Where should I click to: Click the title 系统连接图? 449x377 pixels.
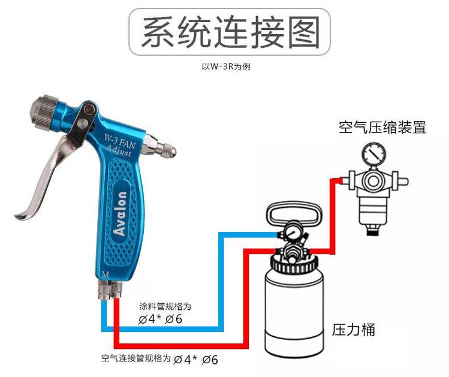[230, 32]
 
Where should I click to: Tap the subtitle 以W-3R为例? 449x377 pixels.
[226, 67]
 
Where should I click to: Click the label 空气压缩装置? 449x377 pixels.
[382, 128]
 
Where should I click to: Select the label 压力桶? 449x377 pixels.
[353, 329]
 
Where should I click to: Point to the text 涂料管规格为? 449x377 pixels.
[165, 306]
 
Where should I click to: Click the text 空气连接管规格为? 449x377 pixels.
[135, 358]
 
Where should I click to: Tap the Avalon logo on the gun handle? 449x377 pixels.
[120, 213]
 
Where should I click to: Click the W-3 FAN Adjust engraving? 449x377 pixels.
[119, 146]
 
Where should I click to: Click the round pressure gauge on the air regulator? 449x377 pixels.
[373, 154]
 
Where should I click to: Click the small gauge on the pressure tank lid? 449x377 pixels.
[291, 233]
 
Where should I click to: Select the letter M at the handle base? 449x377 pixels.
[106, 275]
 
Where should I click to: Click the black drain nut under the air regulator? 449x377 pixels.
[373, 232]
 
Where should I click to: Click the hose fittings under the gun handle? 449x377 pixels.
[111, 289]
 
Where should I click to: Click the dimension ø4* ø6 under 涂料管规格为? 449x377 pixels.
[160, 319]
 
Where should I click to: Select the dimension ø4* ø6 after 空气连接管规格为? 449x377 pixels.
[196, 360]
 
